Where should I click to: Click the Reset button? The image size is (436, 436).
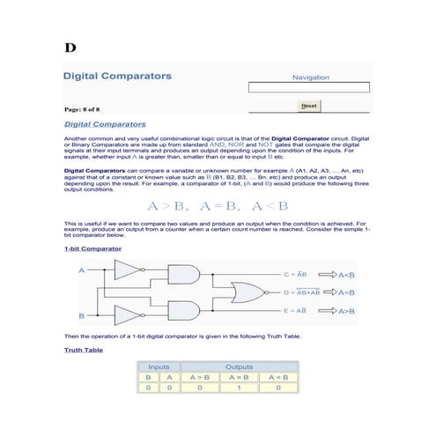[308, 106]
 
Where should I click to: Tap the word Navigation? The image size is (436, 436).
[315, 78]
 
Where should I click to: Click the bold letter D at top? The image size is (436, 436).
[70, 46]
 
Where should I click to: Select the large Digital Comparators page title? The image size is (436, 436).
[117, 77]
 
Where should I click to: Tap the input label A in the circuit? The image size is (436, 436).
[82, 270]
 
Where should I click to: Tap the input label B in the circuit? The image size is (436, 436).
[82, 315]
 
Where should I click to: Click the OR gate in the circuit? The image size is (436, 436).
[244, 292]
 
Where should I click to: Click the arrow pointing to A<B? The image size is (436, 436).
[326, 274]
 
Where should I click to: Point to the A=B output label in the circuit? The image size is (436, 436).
[347, 292]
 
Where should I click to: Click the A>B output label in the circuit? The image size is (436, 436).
[347, 311]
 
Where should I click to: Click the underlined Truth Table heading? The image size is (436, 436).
[84, 351]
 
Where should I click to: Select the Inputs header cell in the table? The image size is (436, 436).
[159, 366]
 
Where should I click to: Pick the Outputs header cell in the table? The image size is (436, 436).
[239, 366]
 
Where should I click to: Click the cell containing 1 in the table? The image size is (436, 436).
[239, 387]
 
